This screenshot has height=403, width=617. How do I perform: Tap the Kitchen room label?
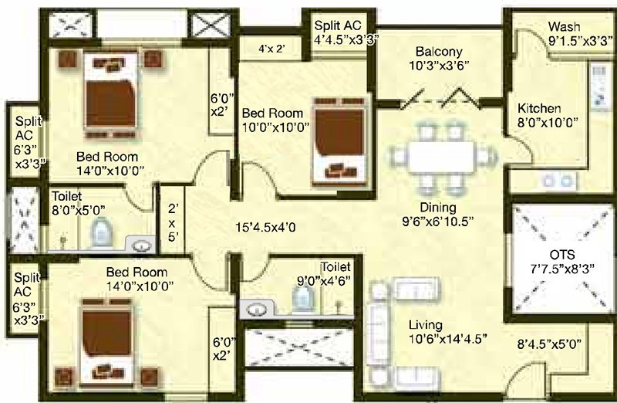coord(539,108)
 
